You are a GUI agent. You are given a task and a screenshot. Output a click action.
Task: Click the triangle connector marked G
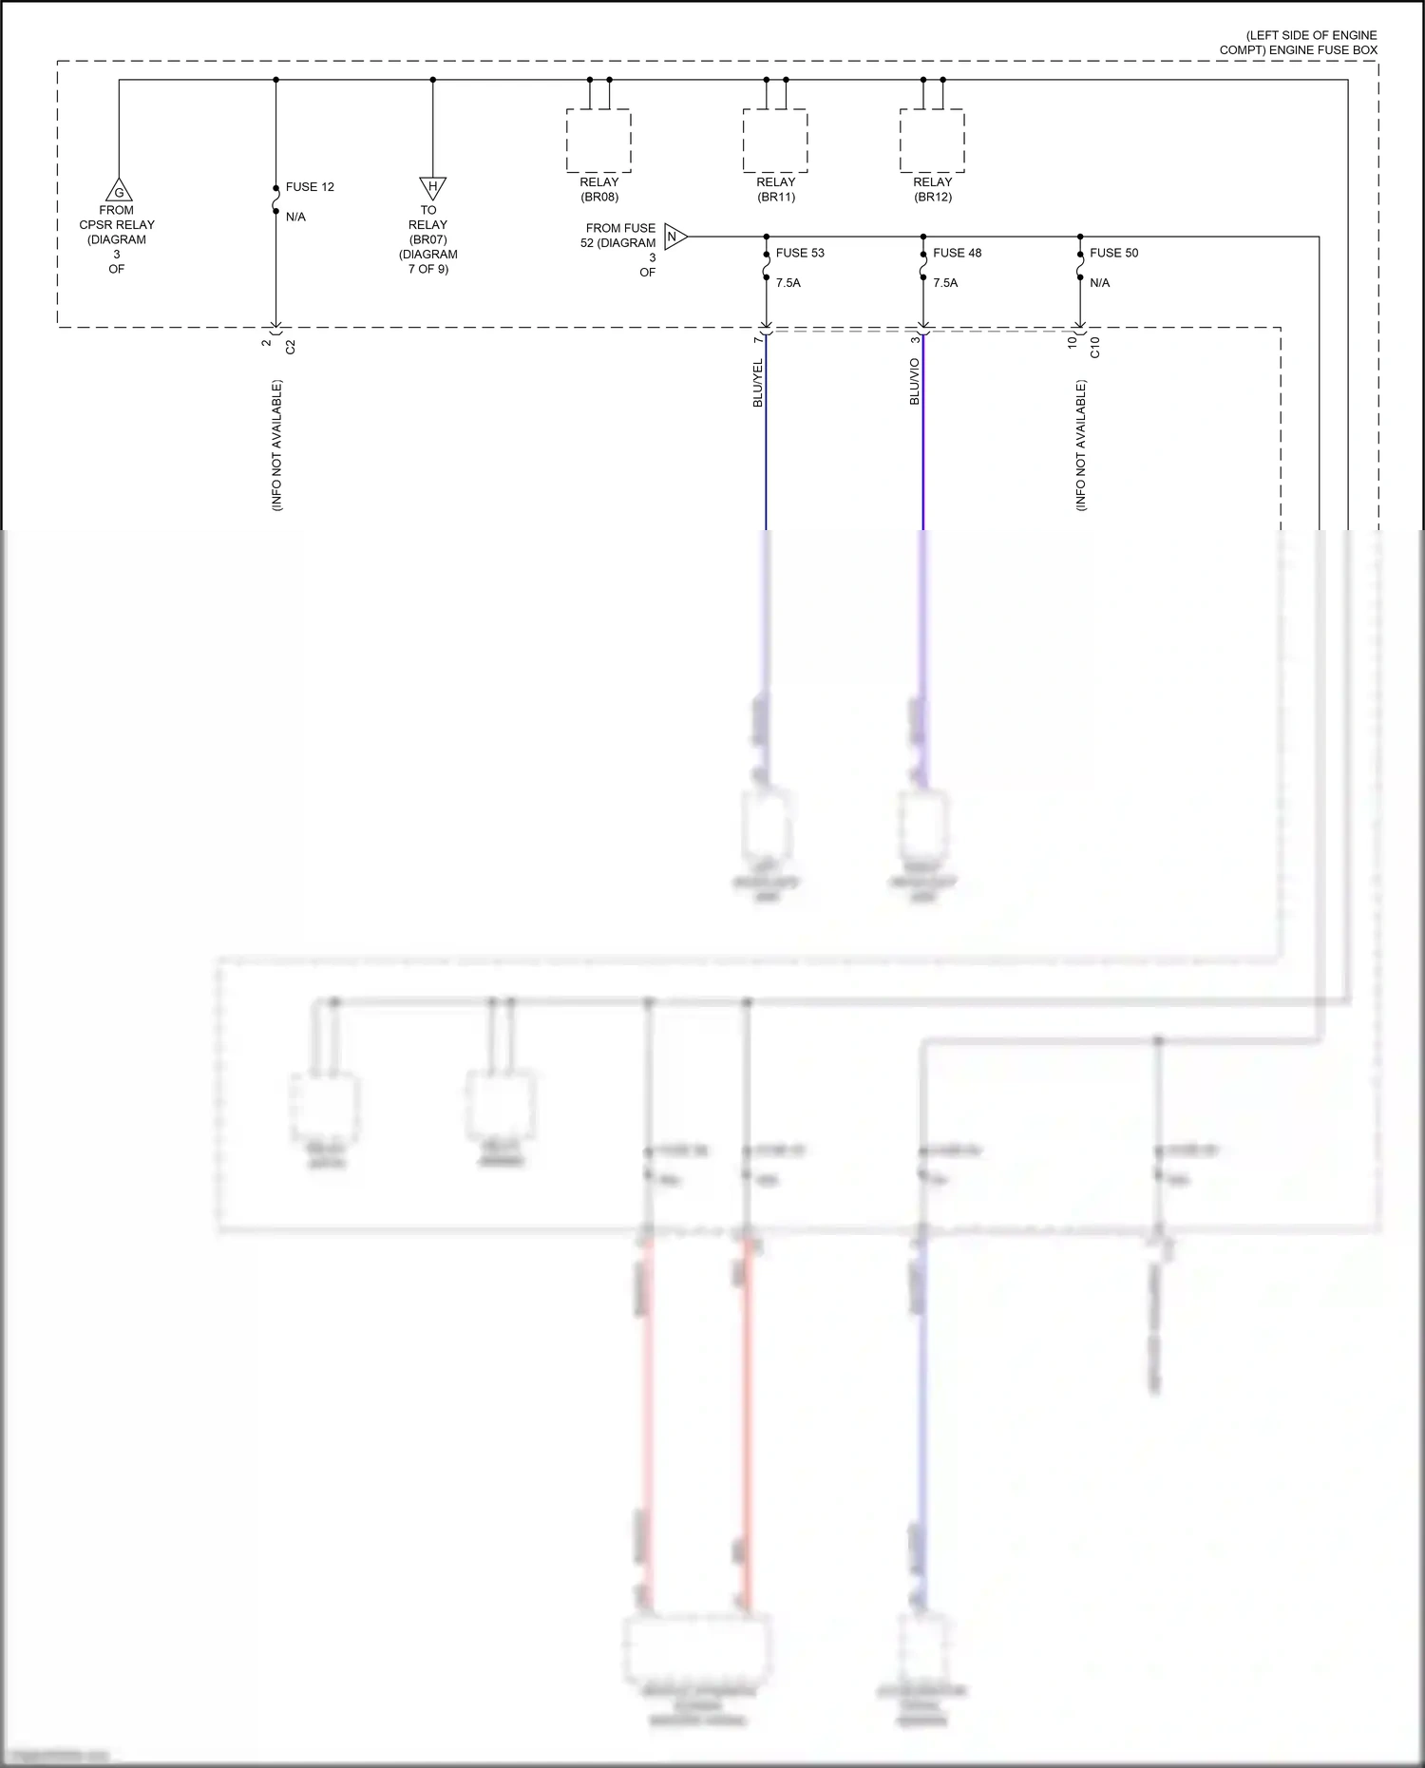click(119, 191)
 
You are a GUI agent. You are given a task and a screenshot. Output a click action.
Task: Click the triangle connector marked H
click(432, 186)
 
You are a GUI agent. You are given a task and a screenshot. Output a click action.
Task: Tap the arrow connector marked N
click(674, 237)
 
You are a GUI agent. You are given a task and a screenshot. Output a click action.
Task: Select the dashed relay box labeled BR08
click(598, 141)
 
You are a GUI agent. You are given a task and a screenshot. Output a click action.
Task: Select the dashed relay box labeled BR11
click(775, 141)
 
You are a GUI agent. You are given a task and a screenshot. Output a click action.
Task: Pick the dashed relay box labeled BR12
click(932, 141)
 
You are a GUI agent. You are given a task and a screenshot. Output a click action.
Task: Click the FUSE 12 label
click(310, 187)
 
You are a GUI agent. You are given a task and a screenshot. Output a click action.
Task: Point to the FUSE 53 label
click(800, 253)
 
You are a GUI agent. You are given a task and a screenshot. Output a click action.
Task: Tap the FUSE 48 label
click(957, 253)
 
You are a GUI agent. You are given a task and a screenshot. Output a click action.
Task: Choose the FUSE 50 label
click(1113, 253)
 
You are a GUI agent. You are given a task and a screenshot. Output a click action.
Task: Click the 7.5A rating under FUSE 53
click(788, 283)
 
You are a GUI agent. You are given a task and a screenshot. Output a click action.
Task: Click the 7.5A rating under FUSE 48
click(945, 283)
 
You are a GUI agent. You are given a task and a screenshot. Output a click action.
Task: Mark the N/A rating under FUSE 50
click(1100, 283)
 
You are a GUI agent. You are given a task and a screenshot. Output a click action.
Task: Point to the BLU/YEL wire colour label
click(758, 384)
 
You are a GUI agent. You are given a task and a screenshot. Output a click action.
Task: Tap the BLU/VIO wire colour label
click(915, 382)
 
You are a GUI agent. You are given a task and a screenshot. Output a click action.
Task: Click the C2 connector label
click(291, 347)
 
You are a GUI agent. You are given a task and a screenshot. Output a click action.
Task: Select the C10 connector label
click(1094, 347)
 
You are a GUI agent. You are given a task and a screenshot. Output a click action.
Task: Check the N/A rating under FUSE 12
click(295, 218)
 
